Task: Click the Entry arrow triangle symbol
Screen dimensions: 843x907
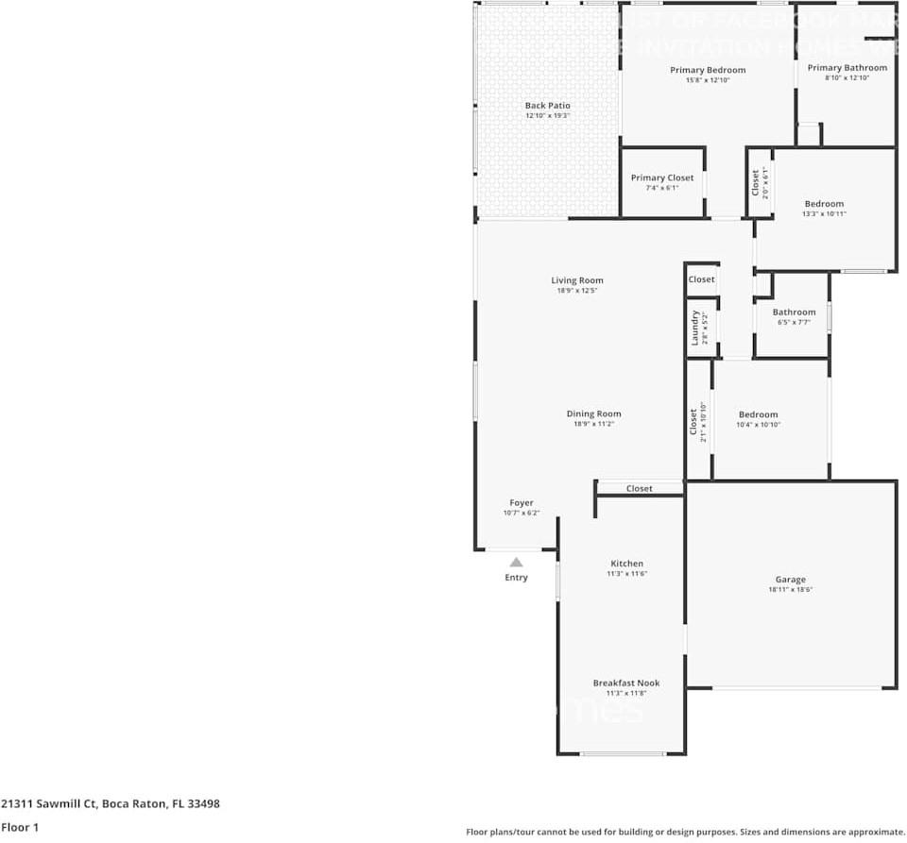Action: [516, 562]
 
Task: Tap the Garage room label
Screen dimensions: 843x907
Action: [791, 580]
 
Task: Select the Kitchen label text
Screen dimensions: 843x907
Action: [626, 564]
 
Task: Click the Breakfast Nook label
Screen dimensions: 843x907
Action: [626, 683]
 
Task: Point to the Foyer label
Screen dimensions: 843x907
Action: [522, 503]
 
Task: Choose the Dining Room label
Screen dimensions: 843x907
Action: [594, 413]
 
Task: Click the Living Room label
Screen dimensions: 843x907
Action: [577, 280]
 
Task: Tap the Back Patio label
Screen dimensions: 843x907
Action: [547, 106]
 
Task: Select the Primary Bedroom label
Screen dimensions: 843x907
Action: [708, 70]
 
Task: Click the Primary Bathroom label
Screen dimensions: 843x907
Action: [847, 68]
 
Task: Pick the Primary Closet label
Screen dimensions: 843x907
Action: [662, 177]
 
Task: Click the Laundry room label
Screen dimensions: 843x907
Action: [694, 328]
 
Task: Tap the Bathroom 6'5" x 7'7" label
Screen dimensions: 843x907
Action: [794, 312]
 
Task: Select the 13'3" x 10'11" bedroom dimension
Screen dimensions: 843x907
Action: [824, 214]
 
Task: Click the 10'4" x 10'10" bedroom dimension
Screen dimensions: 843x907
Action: [758, 425]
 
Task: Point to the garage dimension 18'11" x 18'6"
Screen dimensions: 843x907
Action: [791, 589]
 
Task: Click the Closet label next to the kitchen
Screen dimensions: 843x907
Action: [640, 489]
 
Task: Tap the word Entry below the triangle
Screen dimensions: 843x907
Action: [516, 578]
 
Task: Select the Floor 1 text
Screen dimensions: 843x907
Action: [20, 827]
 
